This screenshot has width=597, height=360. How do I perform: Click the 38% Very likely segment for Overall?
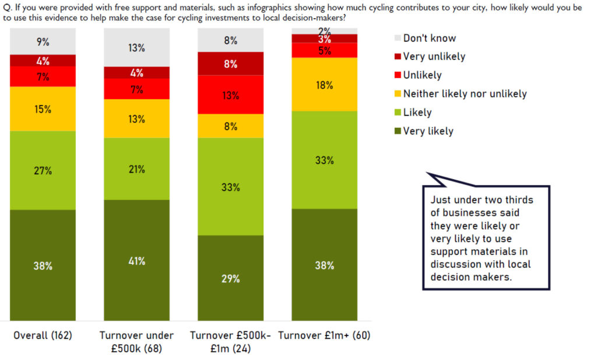click(43, 265)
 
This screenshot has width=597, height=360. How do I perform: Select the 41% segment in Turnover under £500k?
click(136, 261)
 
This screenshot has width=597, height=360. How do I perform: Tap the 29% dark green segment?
click(230, 278)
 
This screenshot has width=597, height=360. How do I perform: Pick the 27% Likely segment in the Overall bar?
click(43, 170)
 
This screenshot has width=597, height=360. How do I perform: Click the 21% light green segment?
click(136, 169)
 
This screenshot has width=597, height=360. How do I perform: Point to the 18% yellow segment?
click(324, 85)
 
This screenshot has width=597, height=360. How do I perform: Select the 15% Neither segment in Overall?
click(43, 109)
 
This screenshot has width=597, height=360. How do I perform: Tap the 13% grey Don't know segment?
click(136, 48)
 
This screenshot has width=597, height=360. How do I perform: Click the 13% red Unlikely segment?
click(230, 95)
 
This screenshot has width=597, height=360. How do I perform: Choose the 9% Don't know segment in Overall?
click(43, 41)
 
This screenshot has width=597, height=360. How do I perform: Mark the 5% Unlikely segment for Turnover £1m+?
click(324, 51)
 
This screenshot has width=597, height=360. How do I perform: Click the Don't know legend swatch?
click(398, 39)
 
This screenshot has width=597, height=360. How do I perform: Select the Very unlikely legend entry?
click(434, 57)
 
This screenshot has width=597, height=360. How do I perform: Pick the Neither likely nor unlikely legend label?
click(465, 93)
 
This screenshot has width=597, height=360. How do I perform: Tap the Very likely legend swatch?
click(398, 131)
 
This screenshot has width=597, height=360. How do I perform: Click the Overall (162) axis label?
click(43, 335)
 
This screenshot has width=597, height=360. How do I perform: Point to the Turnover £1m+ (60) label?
click(324, 335)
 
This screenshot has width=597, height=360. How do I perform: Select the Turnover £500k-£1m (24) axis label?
click(230, 342)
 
